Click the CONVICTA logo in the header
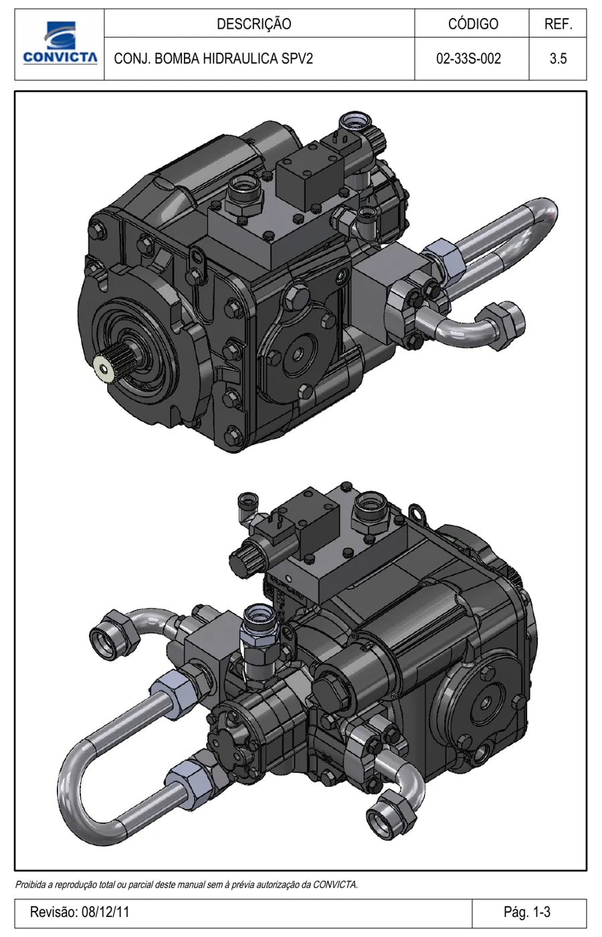click(60, 44)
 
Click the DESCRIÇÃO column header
click(254, 24)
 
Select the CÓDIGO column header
click(473, 24)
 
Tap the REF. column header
click(558, 24)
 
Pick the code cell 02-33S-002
click(469, 58)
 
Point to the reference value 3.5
click(558, 58)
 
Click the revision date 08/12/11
click(106, 912)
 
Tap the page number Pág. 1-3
click(527, 912)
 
